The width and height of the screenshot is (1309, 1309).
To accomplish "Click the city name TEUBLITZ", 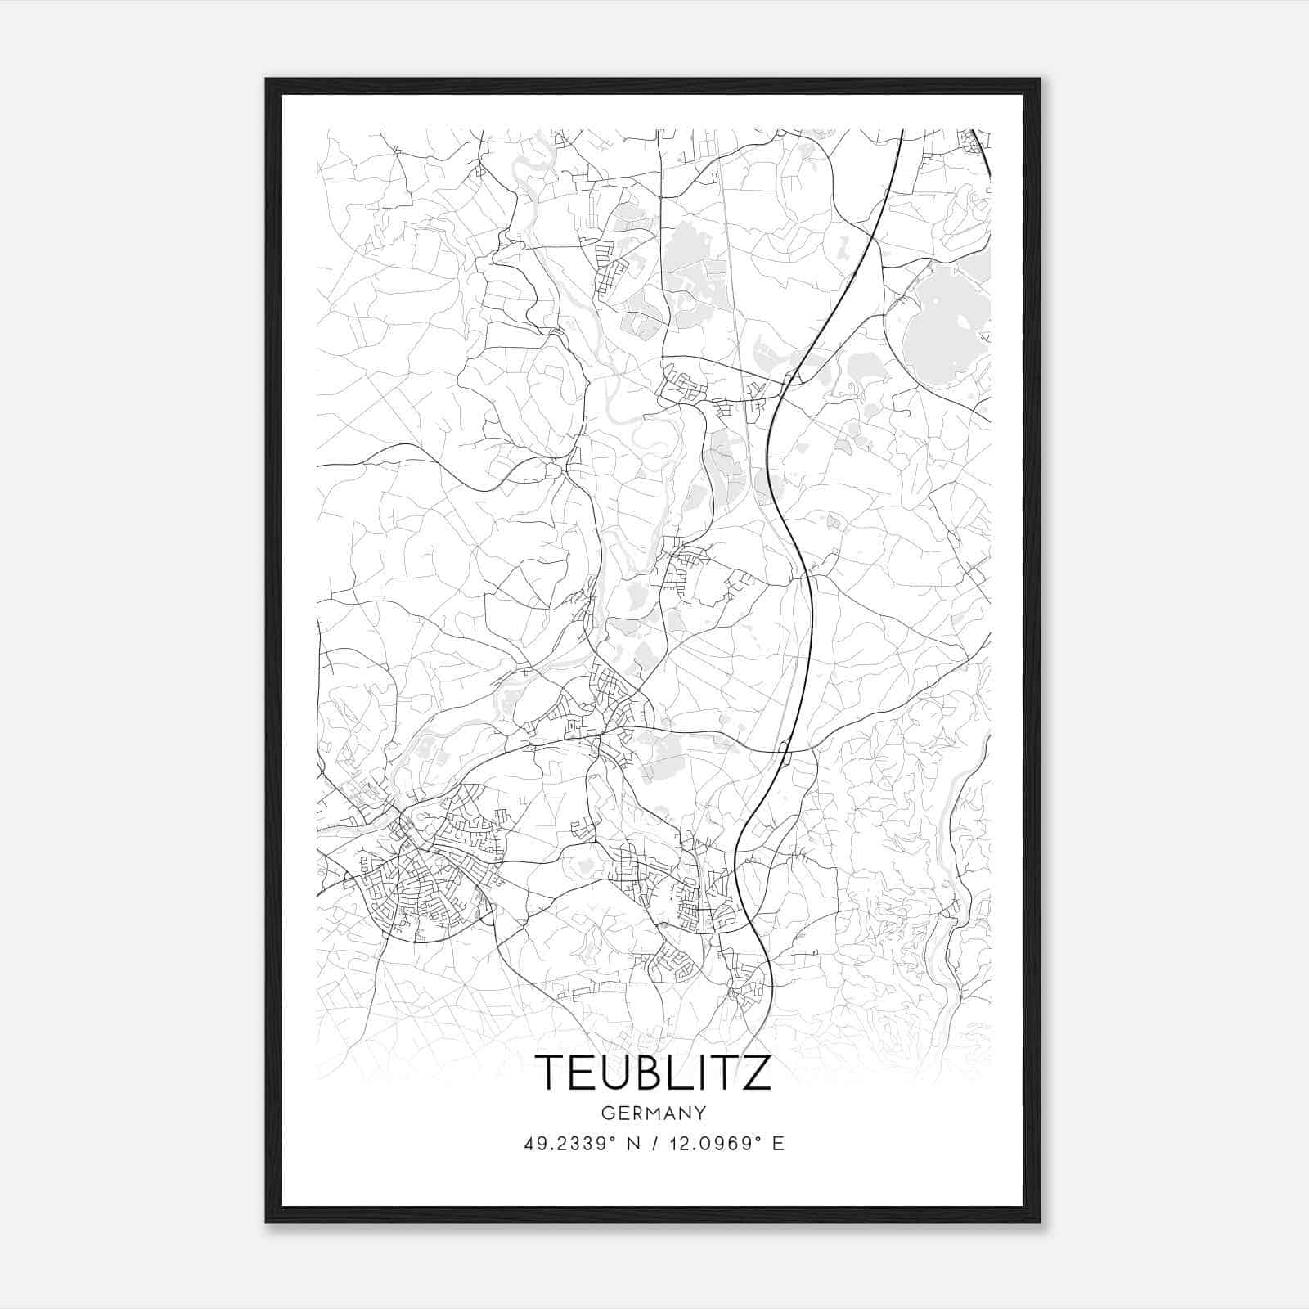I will click(x=653, y=1073).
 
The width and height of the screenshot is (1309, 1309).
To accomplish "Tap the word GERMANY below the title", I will click(x=653, y=1113).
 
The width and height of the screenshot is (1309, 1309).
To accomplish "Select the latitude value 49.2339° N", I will click(x=580, y=1144).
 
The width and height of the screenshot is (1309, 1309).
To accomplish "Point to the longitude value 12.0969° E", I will click(x=727, y=1144).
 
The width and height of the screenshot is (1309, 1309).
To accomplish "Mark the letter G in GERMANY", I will click(x=607, y=1113).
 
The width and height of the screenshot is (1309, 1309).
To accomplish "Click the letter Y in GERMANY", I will click(x=700, y=1113).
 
